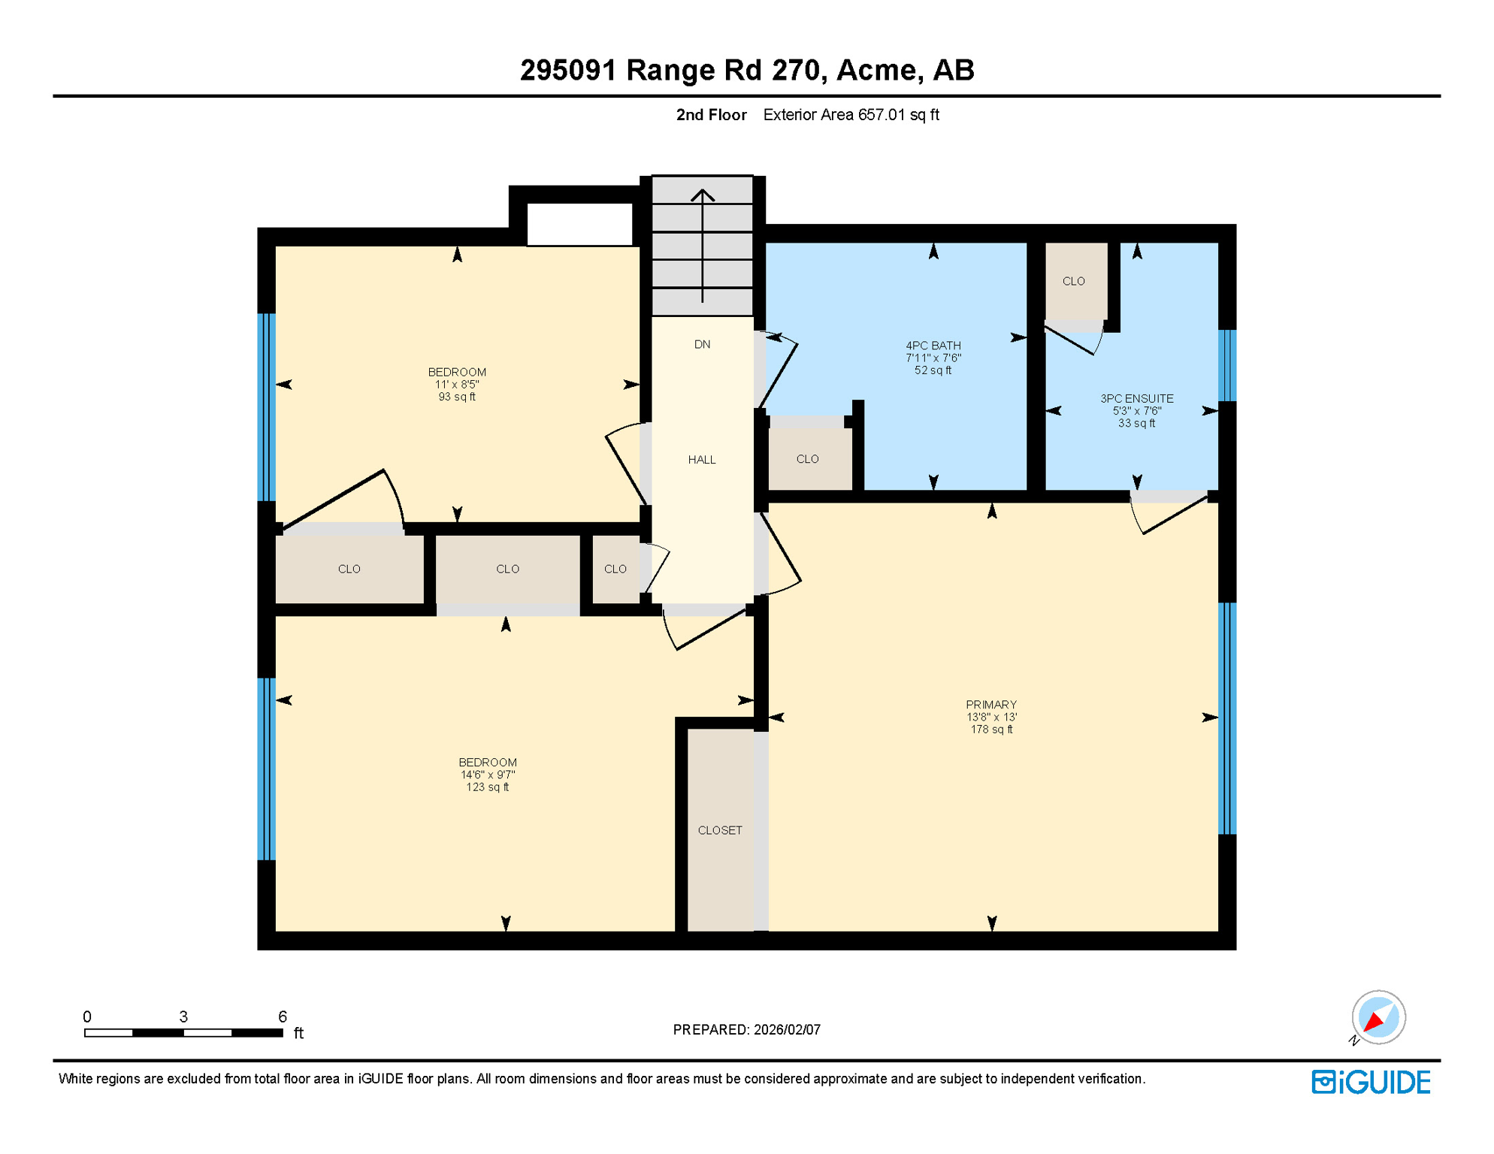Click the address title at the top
point(746,70)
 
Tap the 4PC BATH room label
point(933,358)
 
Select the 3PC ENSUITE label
point(1136,410)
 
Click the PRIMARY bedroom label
point(990,716)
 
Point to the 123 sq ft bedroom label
point(487,774)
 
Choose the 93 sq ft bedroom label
point(456,384)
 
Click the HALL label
point(701,460)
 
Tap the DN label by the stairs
point(702,344)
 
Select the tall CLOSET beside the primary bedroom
point(720,830)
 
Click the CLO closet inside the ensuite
point(1073,281)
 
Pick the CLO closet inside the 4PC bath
point(807,459)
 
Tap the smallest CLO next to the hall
point(615,569)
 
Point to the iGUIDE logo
point(1371,1082)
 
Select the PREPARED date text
point(746,1029)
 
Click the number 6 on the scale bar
point(283,1017)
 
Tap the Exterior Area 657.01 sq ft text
point(851,115)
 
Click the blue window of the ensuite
point(1226,366)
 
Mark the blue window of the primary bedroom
point(1226,717)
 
